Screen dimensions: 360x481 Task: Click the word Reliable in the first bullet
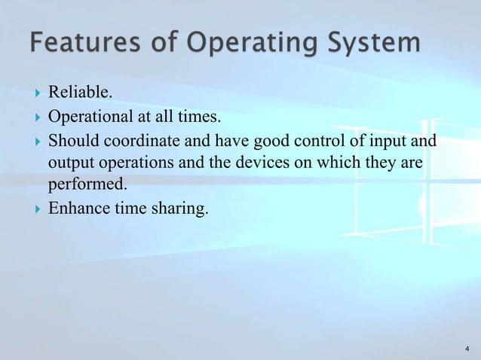tap(79, 93)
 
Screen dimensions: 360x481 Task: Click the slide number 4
tap(467, 349)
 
